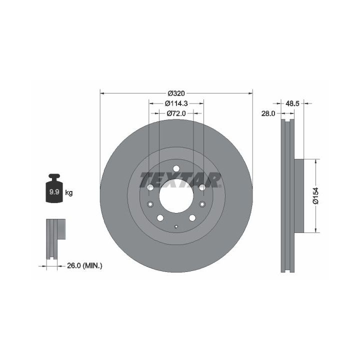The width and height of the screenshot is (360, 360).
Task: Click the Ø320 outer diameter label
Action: coord(176,93)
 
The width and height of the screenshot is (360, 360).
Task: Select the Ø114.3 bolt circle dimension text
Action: coord(176,103)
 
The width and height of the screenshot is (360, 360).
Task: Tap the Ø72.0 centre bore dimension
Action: coord(176,113)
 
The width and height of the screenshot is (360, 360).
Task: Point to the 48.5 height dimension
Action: coord(292,103)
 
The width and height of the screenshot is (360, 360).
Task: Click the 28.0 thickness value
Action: coord(268,113)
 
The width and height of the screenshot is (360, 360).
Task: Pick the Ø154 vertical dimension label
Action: coord(315,195)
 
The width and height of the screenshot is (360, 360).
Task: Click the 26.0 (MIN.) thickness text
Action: coord(84,265)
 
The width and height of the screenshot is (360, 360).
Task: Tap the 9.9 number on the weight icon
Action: coord(54,192)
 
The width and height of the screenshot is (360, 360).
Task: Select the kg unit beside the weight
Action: coord(69,192)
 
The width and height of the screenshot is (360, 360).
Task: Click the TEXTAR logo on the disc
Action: coord(180,180)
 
